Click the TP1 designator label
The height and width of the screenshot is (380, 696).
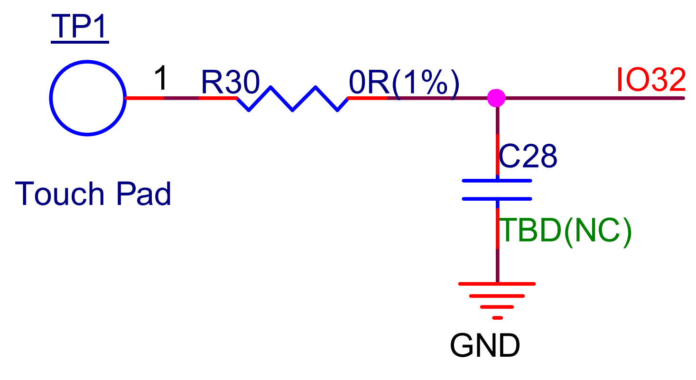[x=80, y=27]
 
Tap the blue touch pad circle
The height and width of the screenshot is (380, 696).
[x=87, y=98]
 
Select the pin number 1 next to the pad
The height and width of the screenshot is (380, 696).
[x=161, y=79]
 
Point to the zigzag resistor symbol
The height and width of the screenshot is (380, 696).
[x=292, y=99]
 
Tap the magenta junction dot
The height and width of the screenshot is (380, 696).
[x=497, y=98]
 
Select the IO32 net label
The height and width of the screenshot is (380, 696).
[x=651, y=80]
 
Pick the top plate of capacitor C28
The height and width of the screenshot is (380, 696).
[x=497, y=181]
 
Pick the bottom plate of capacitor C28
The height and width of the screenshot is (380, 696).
[x=497, y=199]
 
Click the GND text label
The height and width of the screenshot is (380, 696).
[x=484, y=346]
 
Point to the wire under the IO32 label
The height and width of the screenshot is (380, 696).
[x=617, y=98]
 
